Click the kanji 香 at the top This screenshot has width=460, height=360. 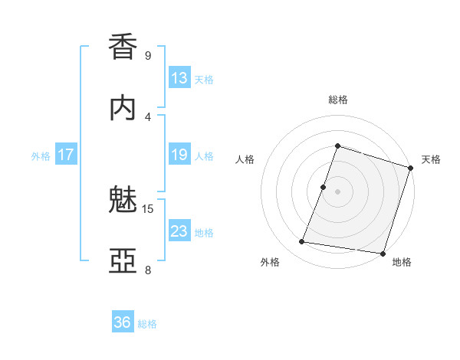tap(123, 47)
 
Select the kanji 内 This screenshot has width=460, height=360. tap(123, 108)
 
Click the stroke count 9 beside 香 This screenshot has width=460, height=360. tap(148, 56)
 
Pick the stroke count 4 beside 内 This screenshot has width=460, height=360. tap(148, 116)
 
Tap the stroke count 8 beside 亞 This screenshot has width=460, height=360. tap(148, 270)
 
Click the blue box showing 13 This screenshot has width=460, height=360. tap(179, 78)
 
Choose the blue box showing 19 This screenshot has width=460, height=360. tap(179, 155)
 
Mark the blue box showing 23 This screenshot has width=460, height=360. tap(179, 231)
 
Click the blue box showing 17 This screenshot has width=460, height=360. tap(66, 155)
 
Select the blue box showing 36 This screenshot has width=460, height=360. tap(123, 322)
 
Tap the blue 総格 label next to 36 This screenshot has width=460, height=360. tap(147, 324)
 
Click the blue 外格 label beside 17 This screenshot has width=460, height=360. tap(41, 156)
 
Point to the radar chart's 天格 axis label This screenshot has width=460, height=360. tap(431, 159)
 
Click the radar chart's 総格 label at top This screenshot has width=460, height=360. tap(338, 100)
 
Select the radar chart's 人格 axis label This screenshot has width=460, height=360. tap(245, 159)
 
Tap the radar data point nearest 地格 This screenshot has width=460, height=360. tap(381, 253)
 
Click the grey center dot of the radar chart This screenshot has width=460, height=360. tap(337, 191)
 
